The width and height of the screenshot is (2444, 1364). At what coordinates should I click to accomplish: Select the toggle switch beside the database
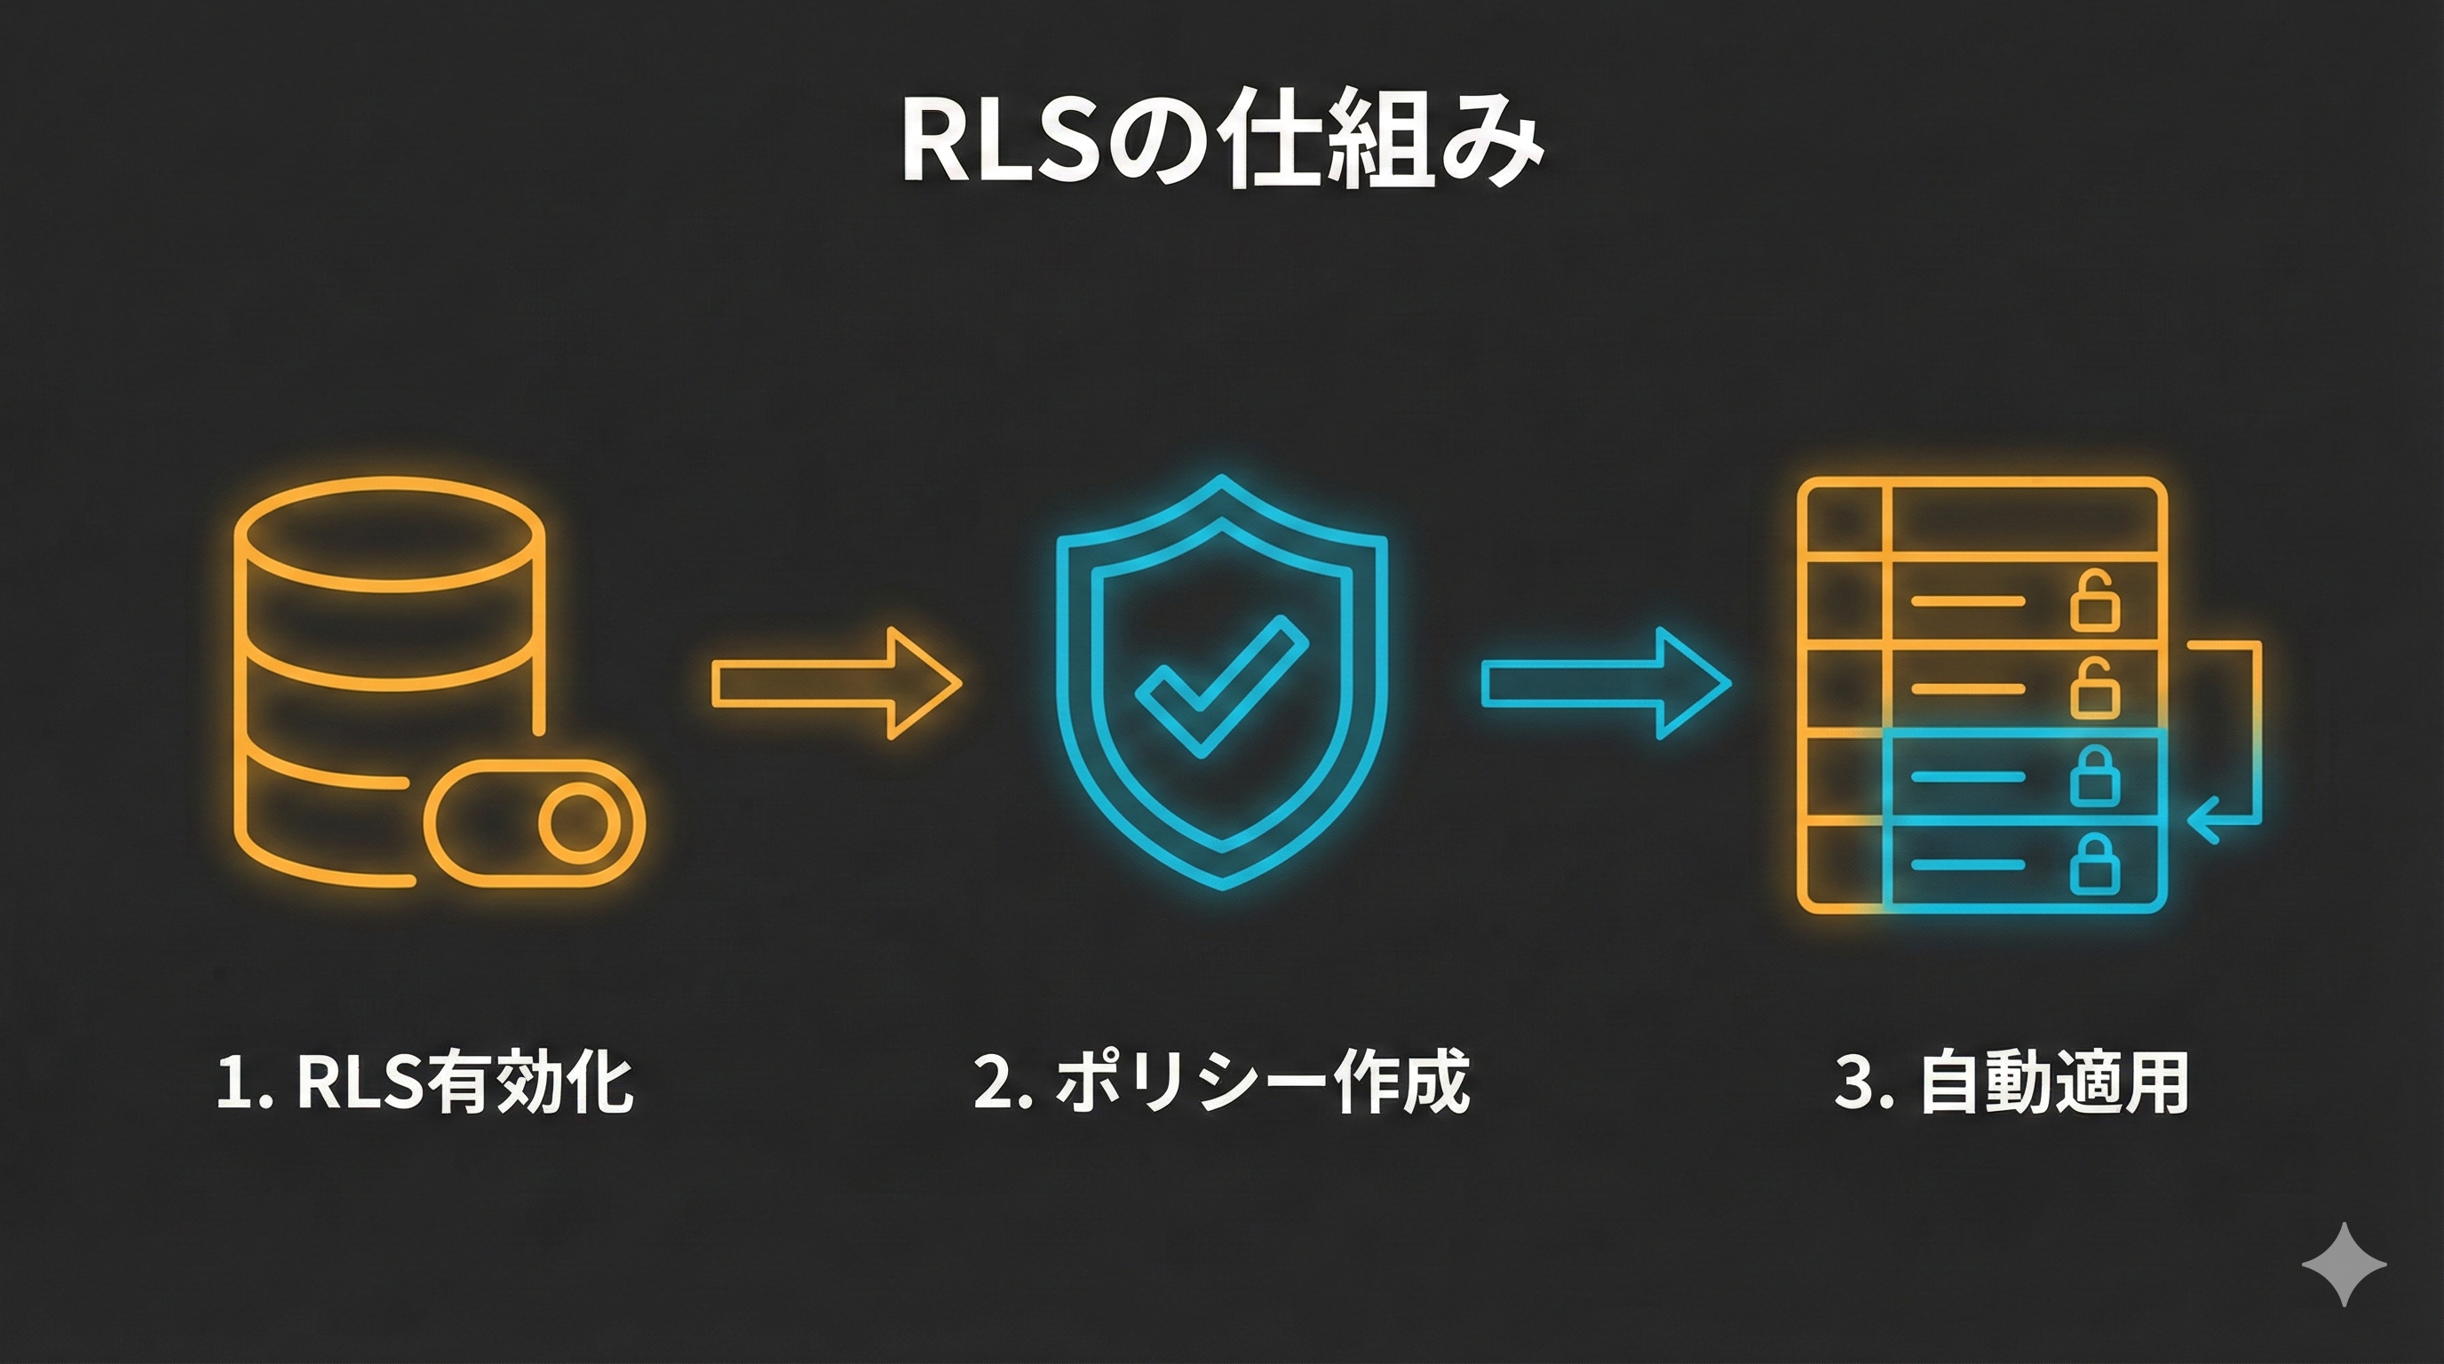click(x=534, y=822)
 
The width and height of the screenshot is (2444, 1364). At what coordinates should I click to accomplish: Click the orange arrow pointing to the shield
click(x=836, y=683)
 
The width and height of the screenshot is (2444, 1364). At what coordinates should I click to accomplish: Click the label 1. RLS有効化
click(x=425, y=1082)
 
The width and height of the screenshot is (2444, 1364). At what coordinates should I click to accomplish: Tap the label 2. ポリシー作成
click(x=1222, y=1082)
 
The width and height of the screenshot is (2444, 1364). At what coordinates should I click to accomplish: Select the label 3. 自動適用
click(x=2012, y=1082)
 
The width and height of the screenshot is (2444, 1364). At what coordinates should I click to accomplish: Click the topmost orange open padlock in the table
click(x=2094, y=601)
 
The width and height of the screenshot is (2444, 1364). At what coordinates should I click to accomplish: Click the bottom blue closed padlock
click(x=2094, y=864)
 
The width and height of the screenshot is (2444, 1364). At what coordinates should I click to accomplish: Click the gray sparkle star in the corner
click(x=2344, y=1265)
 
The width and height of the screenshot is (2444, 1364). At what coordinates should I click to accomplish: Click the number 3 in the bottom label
click(x=1853, y=1082)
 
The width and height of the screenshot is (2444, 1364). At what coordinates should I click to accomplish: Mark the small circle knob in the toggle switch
click(x=575, y=822)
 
